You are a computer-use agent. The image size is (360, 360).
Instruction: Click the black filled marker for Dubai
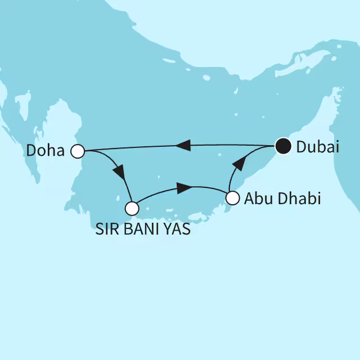[282, 147]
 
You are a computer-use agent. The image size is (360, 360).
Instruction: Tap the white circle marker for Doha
[78, 151]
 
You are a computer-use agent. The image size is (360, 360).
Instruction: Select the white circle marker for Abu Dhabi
[233, 198]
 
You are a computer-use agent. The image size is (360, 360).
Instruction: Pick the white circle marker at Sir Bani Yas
[132, 209]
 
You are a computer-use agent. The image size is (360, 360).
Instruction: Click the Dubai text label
[318, 147]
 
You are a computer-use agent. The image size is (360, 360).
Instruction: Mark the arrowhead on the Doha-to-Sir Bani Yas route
[120, 171]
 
